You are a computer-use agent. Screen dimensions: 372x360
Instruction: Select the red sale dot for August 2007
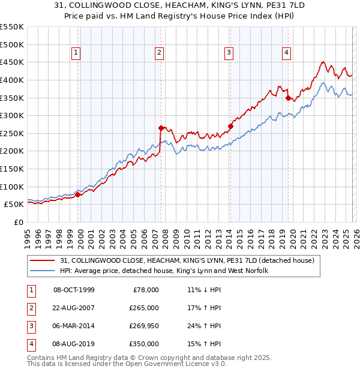(x=161, y=128)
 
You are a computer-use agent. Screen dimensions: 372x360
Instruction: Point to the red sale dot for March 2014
(x=230, y=126)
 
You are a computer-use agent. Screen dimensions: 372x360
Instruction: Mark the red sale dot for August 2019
(x=288, y=98)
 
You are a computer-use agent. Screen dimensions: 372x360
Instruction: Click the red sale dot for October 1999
(x=77, y=194)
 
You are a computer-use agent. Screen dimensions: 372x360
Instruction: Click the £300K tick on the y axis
(x=12, y=115)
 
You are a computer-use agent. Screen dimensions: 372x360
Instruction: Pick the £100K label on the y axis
(x=12, y=187)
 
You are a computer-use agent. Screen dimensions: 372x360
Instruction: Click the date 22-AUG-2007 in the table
(x=74, y=308)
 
